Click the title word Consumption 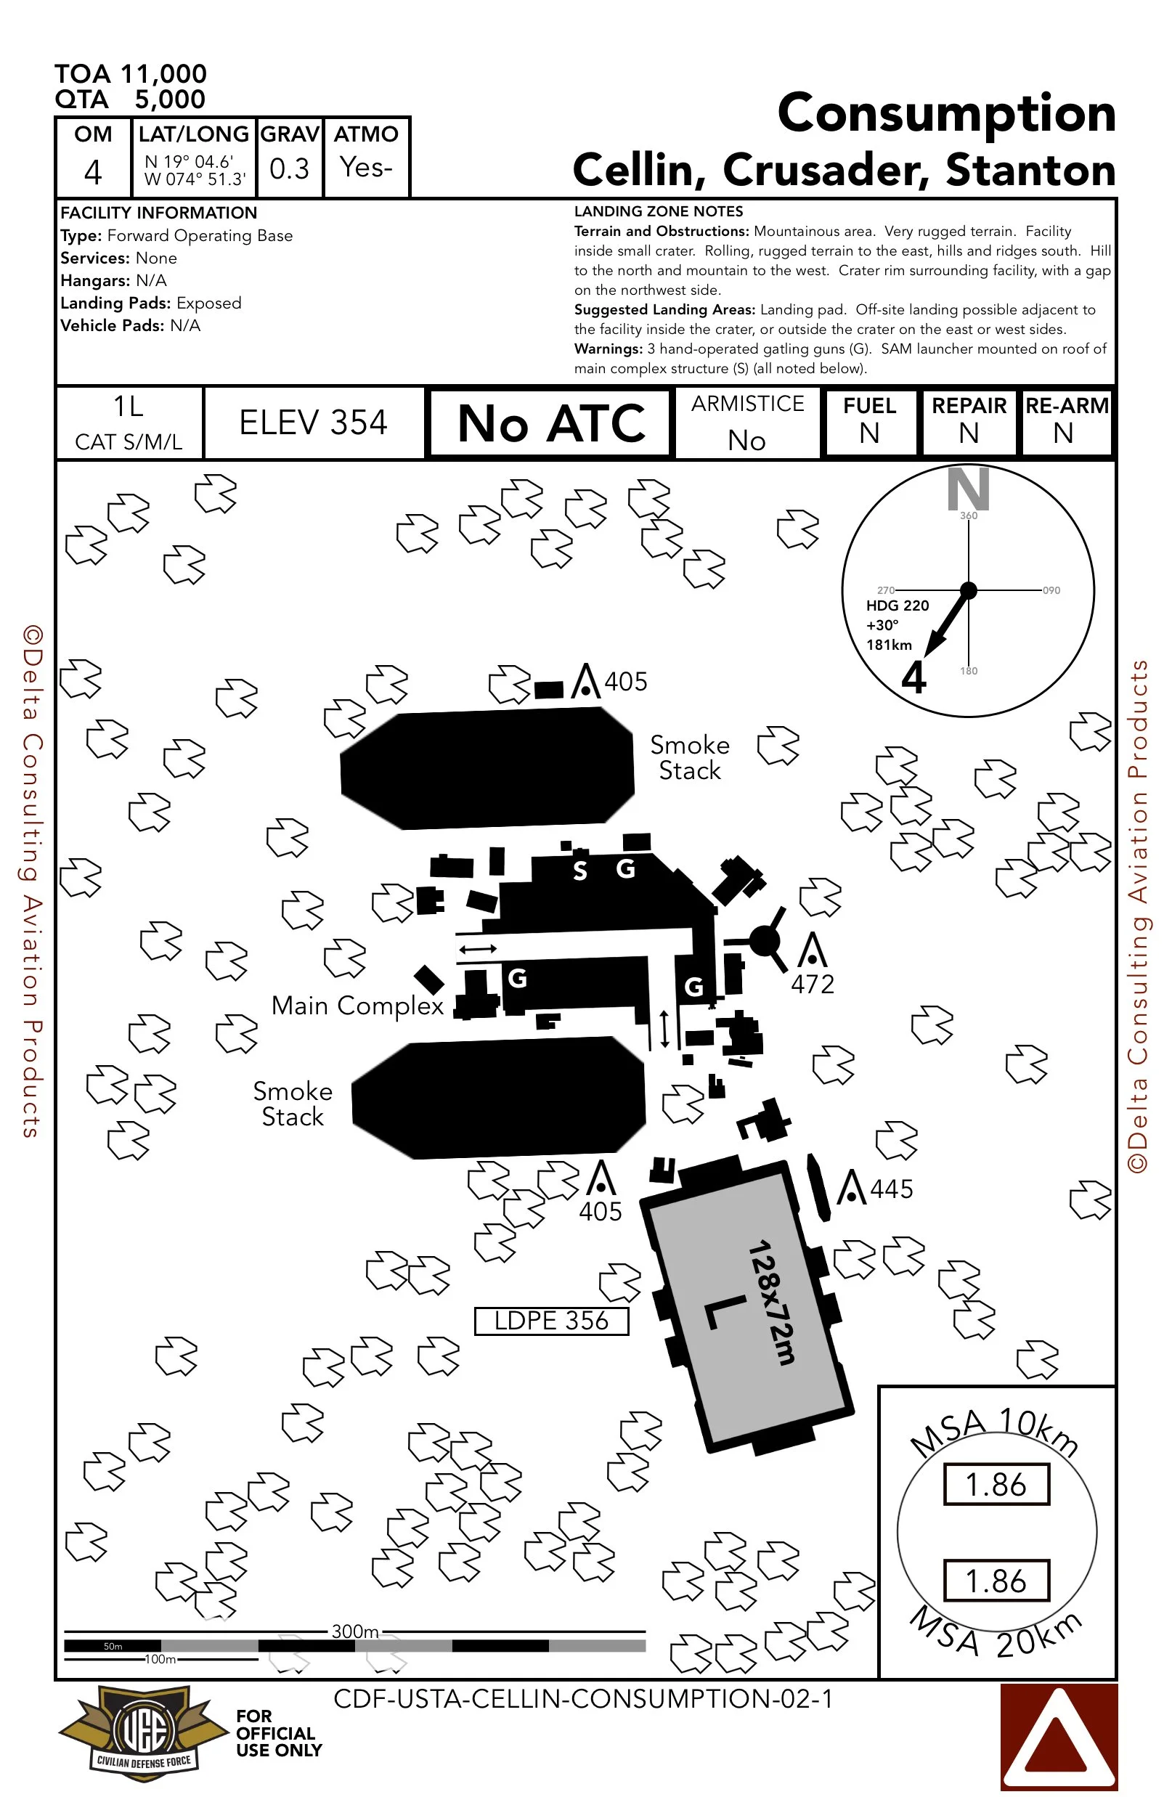click(946, 113)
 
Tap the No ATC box click(550, 423)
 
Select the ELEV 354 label click(313, 423)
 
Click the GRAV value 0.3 click(289, 168)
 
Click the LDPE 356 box click(551, 1321)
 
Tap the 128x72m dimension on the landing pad click(771, 1302)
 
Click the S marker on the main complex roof click(579, 871)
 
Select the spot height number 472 click(813, 984)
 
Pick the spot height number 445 click(892, 1189)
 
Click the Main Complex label click(357, 1006)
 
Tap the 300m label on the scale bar click(355, 1631)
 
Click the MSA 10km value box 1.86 click(996, 1483)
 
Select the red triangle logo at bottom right click(1058, 1737)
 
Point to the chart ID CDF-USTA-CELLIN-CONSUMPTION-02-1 click(583, 1698)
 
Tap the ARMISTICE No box click(747, 423)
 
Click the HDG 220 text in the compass click(897, 606)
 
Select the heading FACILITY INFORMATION click(158, 213)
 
